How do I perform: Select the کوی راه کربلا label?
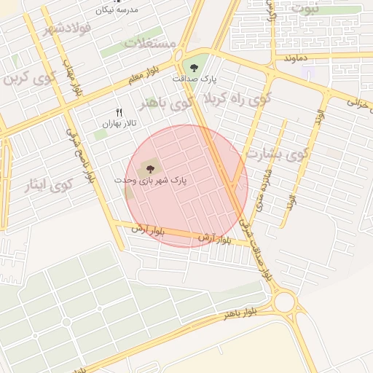(237, 98)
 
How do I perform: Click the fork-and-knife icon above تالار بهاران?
(119, 111)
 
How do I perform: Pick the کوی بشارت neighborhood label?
(277, 154)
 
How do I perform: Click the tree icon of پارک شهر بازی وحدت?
(151, 168)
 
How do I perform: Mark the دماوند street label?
(299, 57)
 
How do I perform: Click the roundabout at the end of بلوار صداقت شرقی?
(284, 300)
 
